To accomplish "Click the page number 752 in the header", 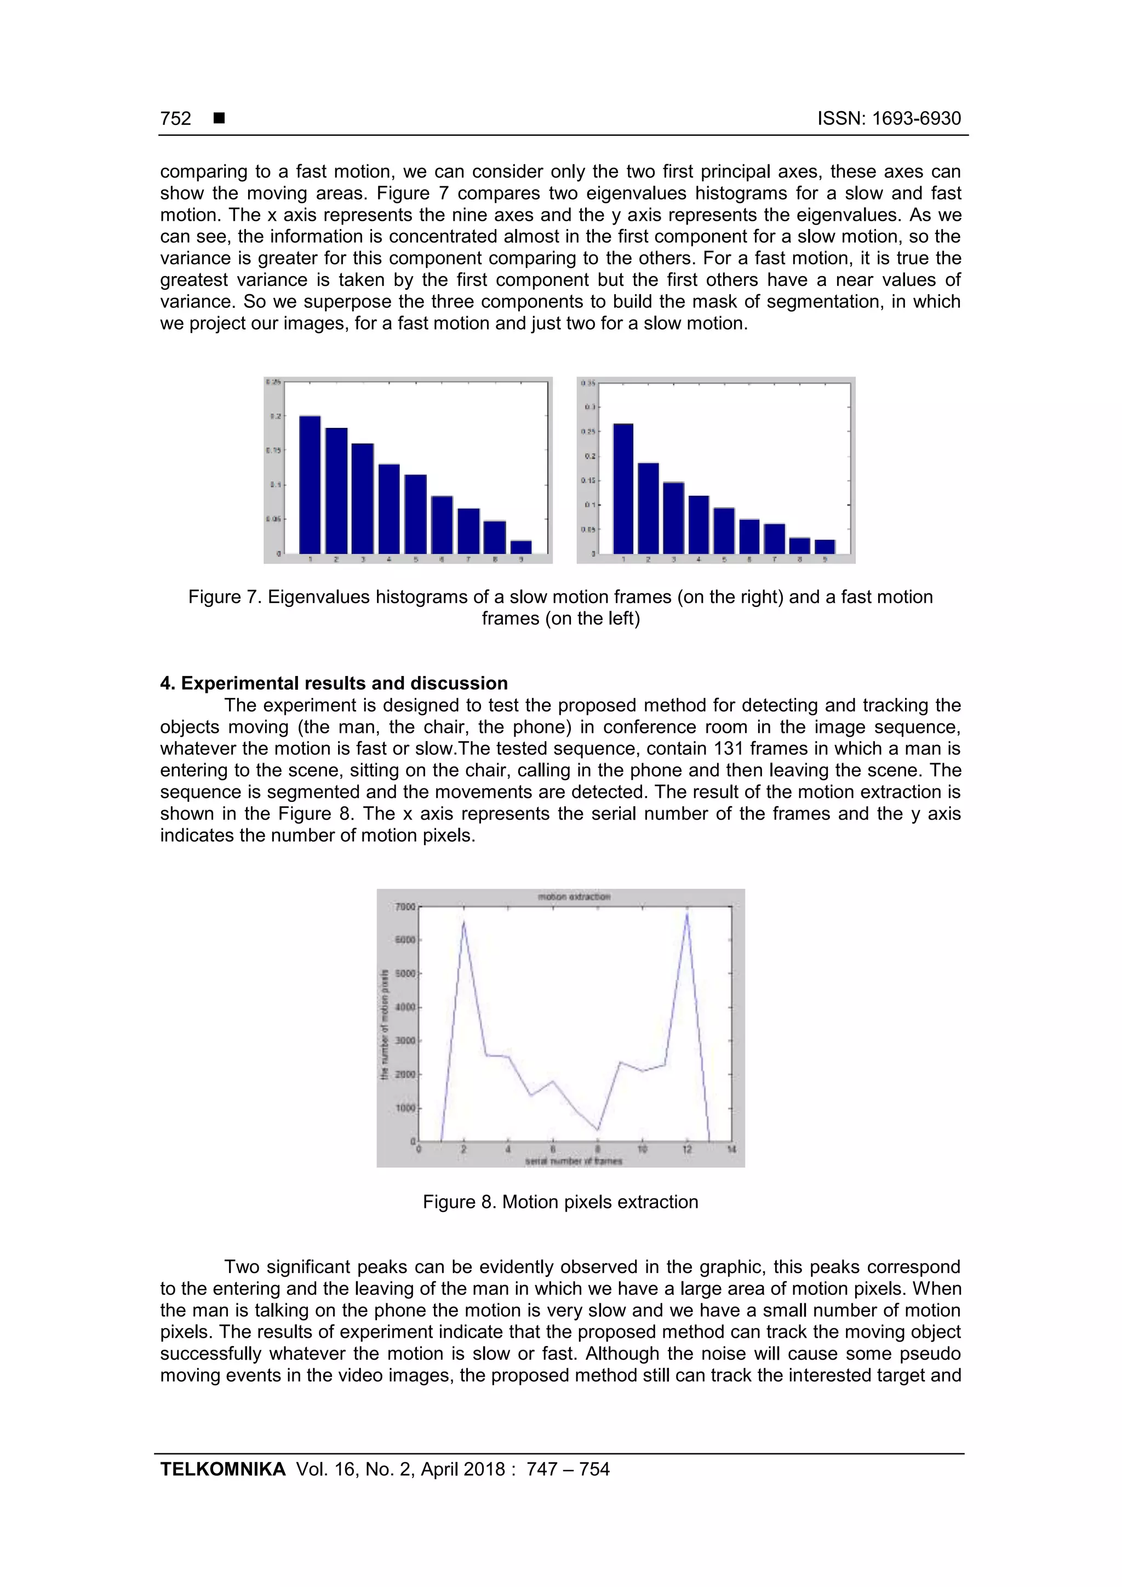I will point(176,118).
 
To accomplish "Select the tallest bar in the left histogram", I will point(310,484).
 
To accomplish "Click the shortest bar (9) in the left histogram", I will point(520,547).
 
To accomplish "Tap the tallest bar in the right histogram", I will point(623,488).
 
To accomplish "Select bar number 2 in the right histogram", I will point(648,508).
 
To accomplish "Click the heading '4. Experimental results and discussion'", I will point(334,684).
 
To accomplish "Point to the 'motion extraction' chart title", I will point(574,897).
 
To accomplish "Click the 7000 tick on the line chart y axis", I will point(404,907).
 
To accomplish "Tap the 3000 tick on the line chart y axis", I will point(404,1041).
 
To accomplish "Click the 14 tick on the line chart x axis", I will point(731,1149).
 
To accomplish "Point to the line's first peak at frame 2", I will point(463,922).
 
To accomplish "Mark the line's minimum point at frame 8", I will point(597,1130).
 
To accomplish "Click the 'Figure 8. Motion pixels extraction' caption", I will point(560,1202).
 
